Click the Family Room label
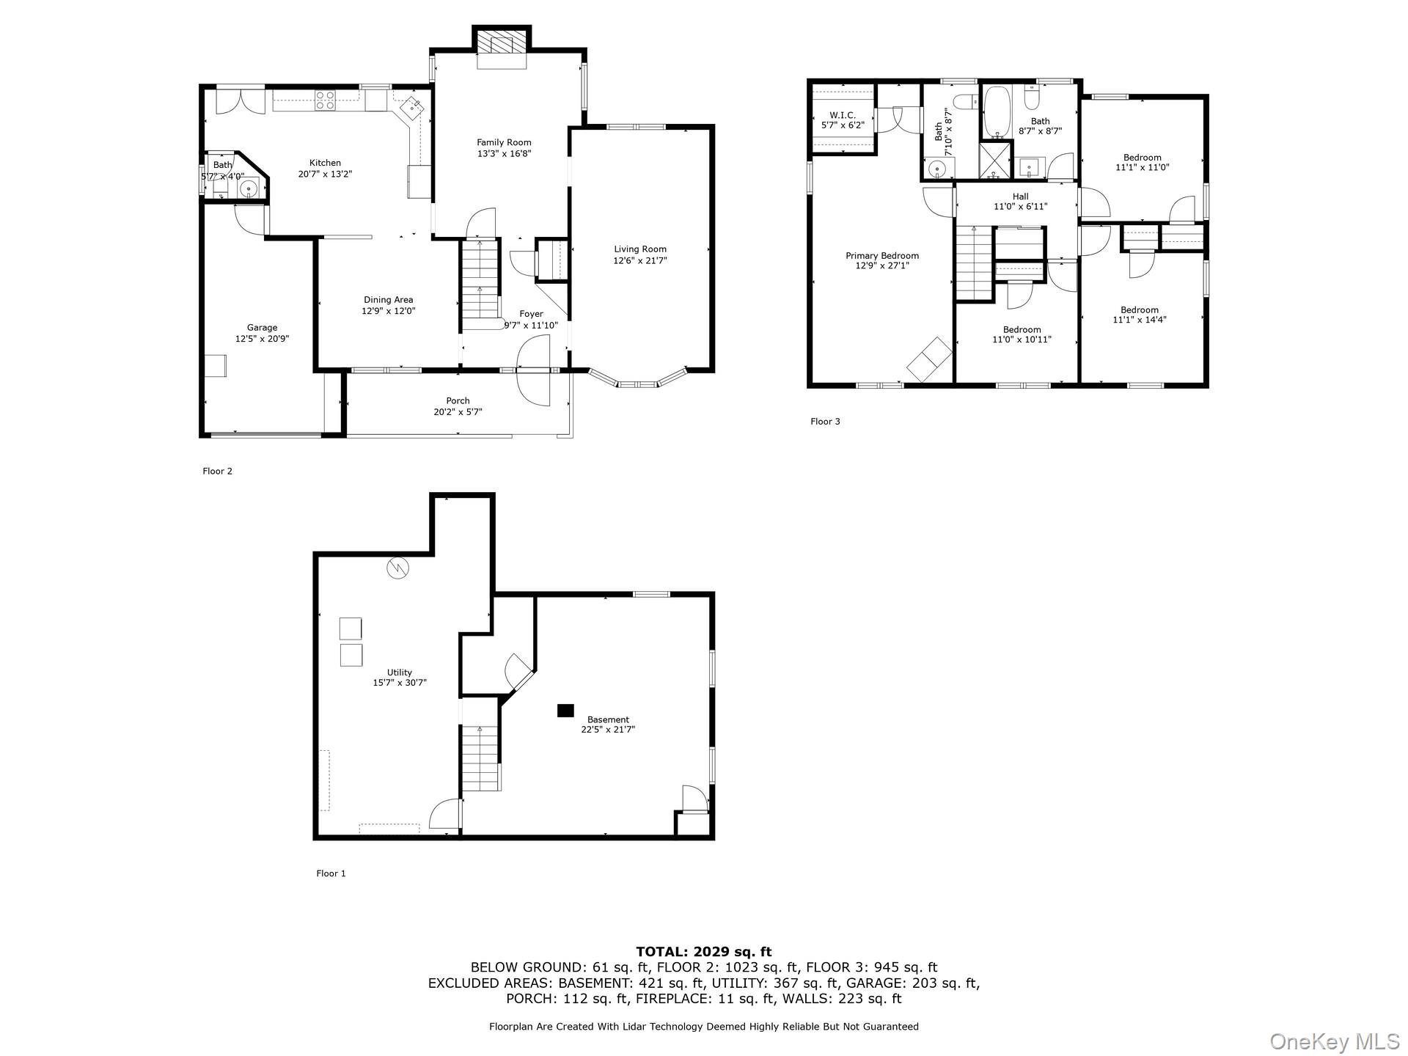click(504, 142)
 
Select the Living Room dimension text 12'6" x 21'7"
click(640, 260)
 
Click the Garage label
click(262, 328)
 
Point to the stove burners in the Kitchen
click(325, 100)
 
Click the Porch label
click(458, 400)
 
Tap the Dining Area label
click(388, 299)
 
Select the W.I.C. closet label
click(843, 115)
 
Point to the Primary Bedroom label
click(881, 256)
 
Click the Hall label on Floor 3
click(1020, 197)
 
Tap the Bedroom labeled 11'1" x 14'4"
click(1139, 315)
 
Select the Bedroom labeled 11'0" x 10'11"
click(1022, 334)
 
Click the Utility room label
click(400, 672)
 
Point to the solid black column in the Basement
click(565, 710)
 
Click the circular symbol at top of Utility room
click(398, 567)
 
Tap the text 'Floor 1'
click(331, 873)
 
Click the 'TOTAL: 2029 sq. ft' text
click(703, 952)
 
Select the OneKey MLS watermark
click(1334, 1041)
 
